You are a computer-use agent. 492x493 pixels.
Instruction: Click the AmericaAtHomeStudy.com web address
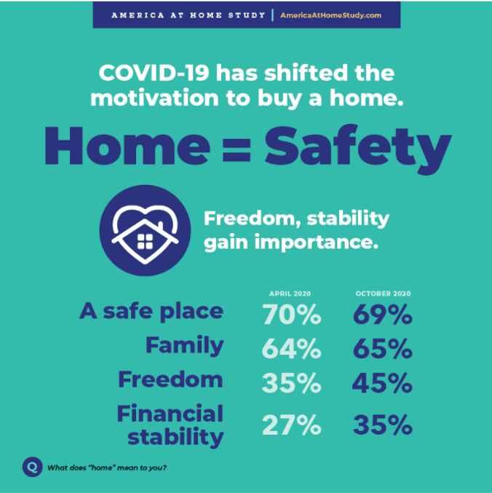(x=330, y=15)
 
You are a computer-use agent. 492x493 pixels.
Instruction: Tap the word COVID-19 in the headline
(x=154, y=73)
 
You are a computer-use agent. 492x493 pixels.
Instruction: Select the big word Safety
(x=358, y=149)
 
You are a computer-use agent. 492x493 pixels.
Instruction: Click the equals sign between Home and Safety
(x=237, y=150)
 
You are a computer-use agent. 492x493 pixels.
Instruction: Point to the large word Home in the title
(x=127, y=146)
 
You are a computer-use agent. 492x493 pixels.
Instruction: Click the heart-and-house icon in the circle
(x=145, y=230)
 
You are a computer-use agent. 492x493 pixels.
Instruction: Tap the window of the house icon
(x=145, y=242)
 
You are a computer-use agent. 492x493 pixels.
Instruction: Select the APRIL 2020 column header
(x=290, y=293)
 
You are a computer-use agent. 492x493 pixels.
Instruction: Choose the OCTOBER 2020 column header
(x=383, y=293)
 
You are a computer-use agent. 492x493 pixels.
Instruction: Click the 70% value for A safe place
(x=292, y=314)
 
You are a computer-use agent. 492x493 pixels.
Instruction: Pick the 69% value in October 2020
(x=383, y=314)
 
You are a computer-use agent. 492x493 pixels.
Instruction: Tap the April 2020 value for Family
(x=292, y=349)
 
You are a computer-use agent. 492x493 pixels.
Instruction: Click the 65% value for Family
(x=383, y=349)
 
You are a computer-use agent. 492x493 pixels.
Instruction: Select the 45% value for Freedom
(x=382, y=383)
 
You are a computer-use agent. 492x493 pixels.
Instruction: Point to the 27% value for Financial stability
(x=292, y=425)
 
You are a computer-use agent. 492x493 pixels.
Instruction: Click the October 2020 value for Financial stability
(x=383, y=425)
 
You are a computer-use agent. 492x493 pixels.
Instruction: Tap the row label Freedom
(x=170, y=379)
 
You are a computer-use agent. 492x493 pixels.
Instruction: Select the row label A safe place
(x=151, y=311)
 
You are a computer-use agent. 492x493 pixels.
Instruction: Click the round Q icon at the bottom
(x=32, y=467)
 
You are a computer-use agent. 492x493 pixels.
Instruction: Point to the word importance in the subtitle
(x=317, y=242)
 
